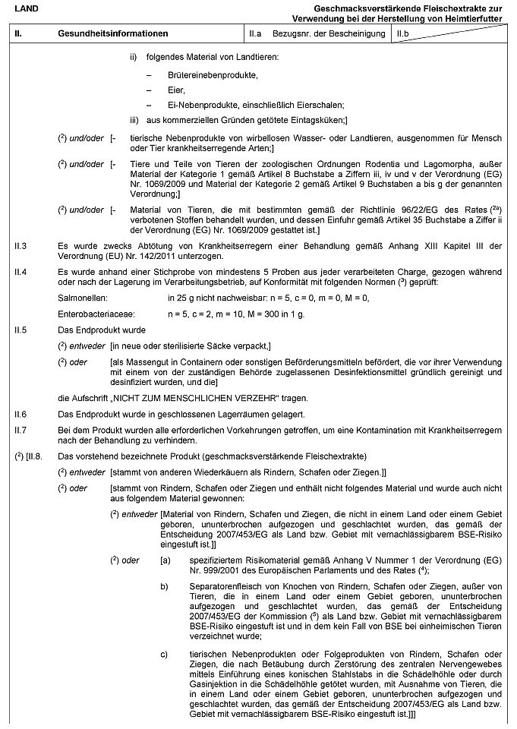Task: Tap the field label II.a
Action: [x=255, y=35]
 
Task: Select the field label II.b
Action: [x=403, y=35]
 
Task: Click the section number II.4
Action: [x=21, y=271]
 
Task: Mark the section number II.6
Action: [x=21, y=414]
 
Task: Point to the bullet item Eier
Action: [x=176, y=90]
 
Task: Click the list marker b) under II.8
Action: [x=163, y=585]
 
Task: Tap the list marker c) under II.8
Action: [x=163, y=654]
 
